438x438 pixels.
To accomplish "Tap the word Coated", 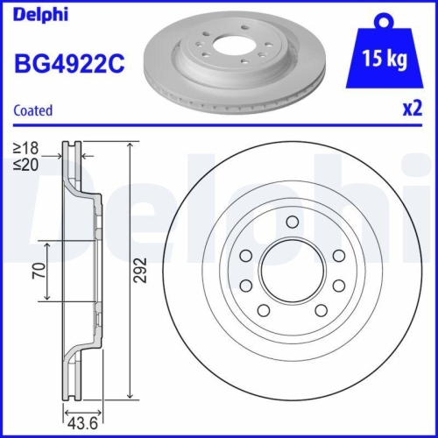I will pos(33,111).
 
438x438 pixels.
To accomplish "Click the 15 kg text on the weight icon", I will pos(385,59).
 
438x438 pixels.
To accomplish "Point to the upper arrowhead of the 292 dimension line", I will pos(131,145).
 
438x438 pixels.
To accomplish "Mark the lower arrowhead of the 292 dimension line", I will pos(131,396).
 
